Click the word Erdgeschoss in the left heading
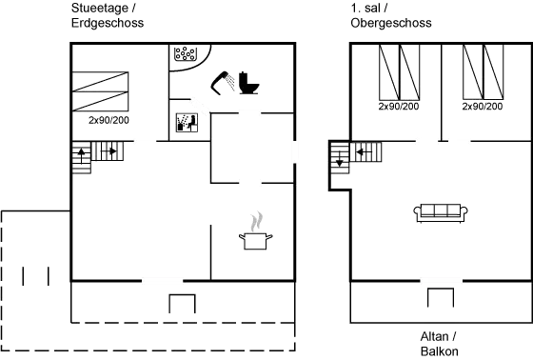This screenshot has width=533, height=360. [x=108, y=22]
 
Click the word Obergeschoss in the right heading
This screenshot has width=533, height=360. [x=391, y=22]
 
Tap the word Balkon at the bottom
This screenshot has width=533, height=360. [x=440, y=350]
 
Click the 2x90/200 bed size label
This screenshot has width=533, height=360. [x=109, y=121]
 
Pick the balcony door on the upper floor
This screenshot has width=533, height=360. [x=440, y=280]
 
